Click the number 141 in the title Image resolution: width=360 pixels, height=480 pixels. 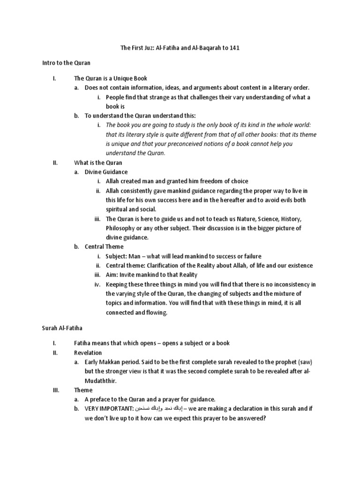(234, 49)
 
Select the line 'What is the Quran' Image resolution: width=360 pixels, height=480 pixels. (98, 163)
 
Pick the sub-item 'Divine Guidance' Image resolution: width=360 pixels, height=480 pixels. (106, 172)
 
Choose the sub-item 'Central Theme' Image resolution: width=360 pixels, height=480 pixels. (104, 247)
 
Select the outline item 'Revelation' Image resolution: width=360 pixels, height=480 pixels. (88, 352)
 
